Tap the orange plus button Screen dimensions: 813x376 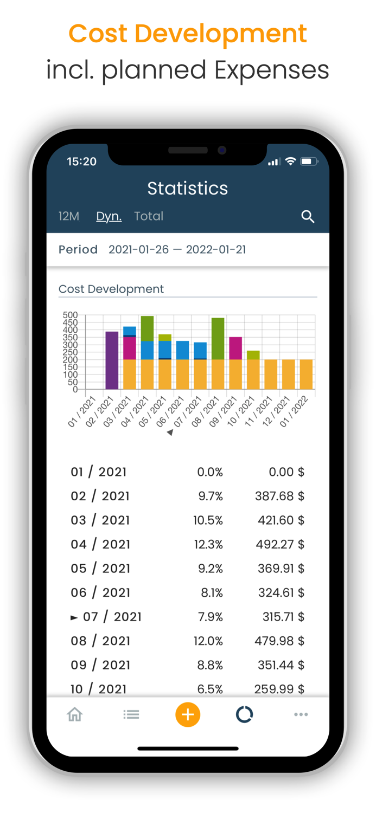(x=188, y=714)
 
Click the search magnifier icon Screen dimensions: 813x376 (x=308, y=217)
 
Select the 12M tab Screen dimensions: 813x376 (x=69, y=216)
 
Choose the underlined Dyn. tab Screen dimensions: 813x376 (x=109, y=216)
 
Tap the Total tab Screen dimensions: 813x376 (x=149, y=216)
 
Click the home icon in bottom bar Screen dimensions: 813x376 (x=75, y=714)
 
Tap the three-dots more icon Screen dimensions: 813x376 (x=301, y=714)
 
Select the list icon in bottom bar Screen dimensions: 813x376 (x=131, y=714)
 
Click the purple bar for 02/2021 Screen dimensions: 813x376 (x=112, y=360)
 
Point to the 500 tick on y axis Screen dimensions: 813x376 (x=71, y=315)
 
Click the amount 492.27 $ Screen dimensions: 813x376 (x=279, y=544)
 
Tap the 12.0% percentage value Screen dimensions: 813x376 (x=208, y=641)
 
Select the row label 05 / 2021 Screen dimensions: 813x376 (x=100, y=568)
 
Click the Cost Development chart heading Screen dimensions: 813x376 (x=111, y=289)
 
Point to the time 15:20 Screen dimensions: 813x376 (x=81, y=162)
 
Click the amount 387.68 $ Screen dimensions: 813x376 (x=279, y=496)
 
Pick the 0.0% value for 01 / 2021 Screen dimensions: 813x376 (x=210, y=472)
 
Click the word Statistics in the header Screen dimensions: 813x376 (x=188, y=188)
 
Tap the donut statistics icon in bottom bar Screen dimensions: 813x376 (x=244, y=714)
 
